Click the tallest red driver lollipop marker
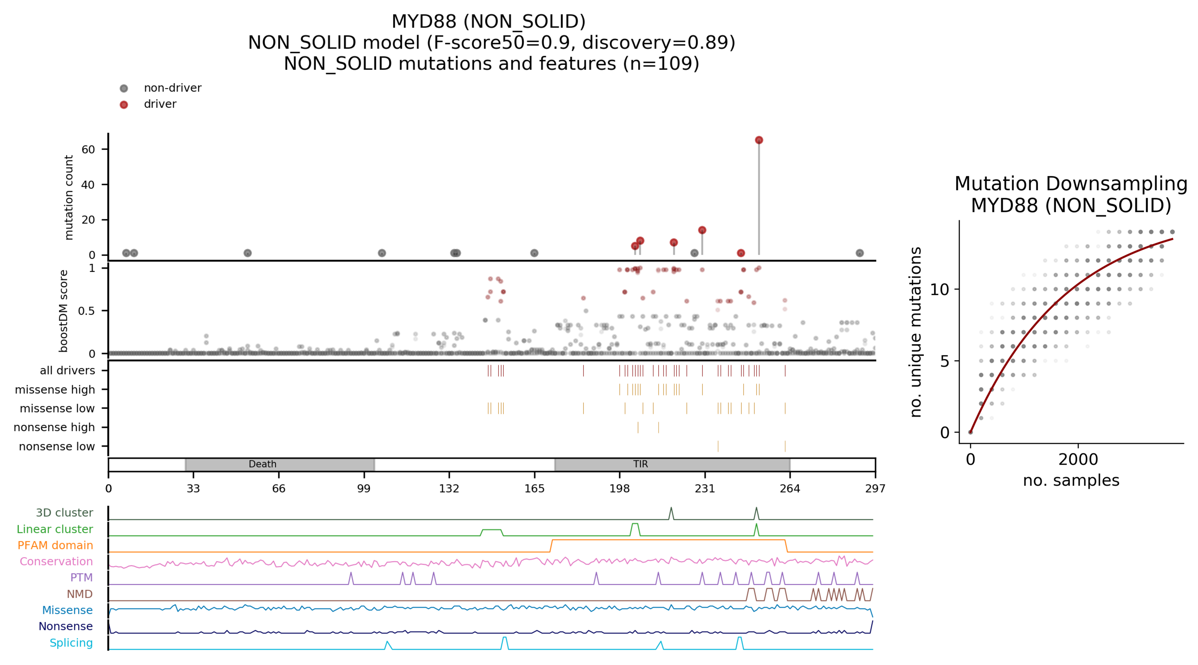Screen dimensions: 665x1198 (759, 140)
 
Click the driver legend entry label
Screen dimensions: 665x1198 (160, 104)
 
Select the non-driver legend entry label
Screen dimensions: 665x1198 (172, 88)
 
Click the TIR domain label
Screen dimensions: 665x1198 (640, 464)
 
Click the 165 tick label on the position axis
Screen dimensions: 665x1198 (534, 488)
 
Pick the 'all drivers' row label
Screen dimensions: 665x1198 (67, 371)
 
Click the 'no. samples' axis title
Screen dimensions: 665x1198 (1071, 480)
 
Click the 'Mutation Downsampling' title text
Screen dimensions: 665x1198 (1071, 184)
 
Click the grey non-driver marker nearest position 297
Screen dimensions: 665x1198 (859, 253)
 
